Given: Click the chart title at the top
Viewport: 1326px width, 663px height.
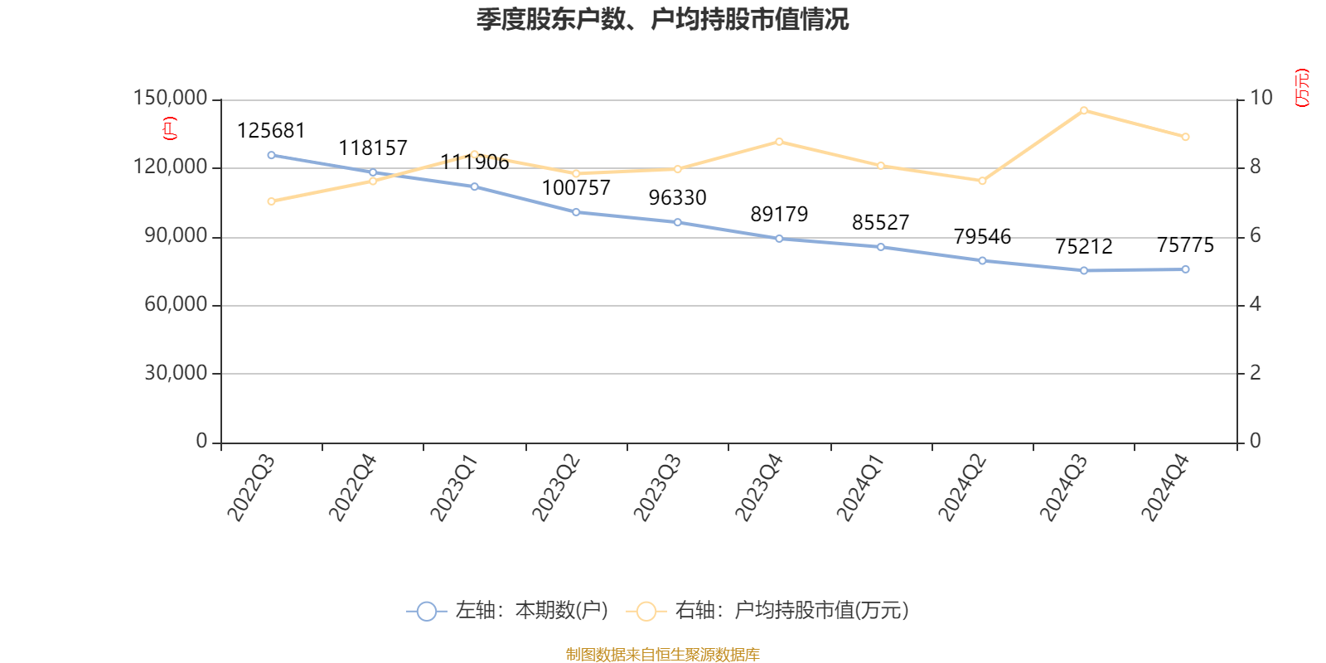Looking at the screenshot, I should click(x=662, y=19).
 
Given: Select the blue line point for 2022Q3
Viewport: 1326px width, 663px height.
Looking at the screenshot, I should click(x=271, y=155).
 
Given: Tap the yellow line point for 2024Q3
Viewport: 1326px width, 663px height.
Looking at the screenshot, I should click(x=1083, y=110).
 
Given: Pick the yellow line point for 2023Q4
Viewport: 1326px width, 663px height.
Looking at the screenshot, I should click(x=779, y=142).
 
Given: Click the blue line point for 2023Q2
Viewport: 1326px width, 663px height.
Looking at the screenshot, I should click(x=576, y=212).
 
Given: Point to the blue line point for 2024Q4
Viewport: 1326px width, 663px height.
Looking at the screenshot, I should click(x=1185, y=269).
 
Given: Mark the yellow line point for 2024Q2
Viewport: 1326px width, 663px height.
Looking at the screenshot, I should click(x=982, y=181).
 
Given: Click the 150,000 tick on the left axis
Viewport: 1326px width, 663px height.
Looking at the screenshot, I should click(x=170, y=99).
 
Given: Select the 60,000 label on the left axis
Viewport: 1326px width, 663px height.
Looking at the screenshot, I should click(x=176, y=305).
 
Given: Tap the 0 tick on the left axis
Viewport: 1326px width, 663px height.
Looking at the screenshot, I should click(x=201, y=442).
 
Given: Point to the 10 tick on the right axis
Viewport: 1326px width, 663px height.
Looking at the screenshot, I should click(x=1261, y=99).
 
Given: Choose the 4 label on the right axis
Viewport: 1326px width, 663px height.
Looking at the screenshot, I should click(x=1255, y=305).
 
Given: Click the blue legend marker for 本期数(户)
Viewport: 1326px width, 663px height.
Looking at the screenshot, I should click(x=426, y=612).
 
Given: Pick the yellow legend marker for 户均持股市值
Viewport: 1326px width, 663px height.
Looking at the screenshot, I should click(x=646, y=612).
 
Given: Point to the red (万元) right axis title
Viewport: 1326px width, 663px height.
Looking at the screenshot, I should click(x=1302, y=88).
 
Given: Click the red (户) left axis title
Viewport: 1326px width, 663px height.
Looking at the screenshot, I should click(x=170, y=128).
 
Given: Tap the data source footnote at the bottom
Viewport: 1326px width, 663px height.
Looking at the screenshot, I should click(x=662, y=655).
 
